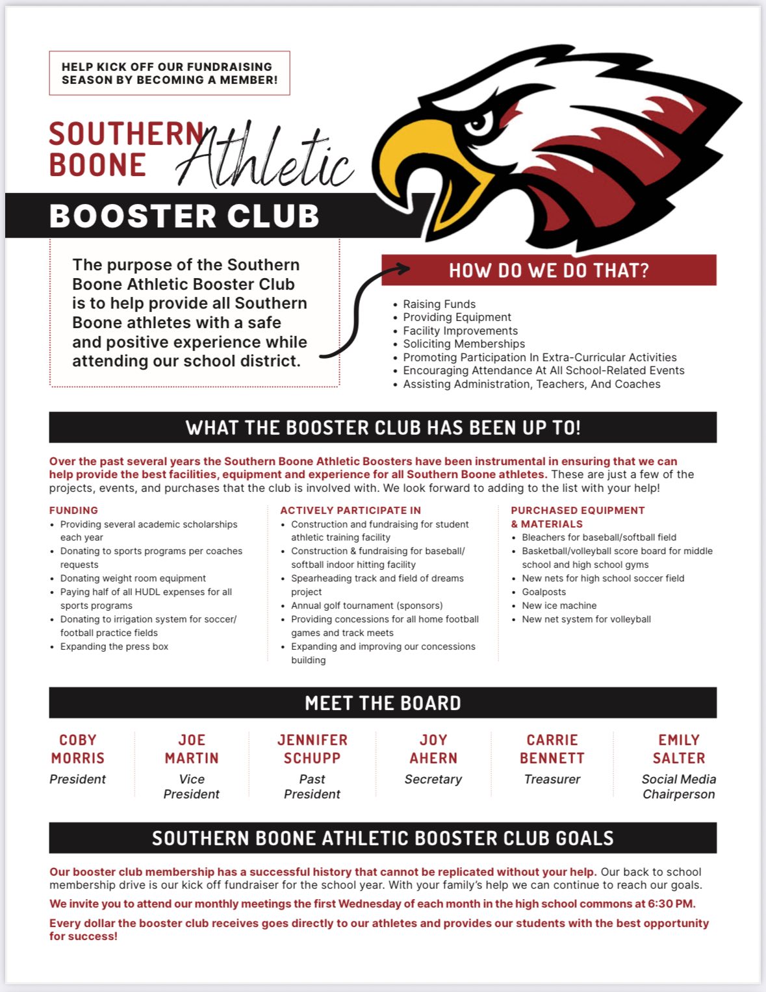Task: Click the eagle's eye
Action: click(479, 122)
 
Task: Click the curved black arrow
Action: click(364, 312)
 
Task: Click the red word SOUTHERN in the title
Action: click(127, 134)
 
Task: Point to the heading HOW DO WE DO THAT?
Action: click(548, 270)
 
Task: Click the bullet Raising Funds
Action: click(439, 304)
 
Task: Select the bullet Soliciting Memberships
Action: click(464, 344)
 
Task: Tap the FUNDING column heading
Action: click(73, 511)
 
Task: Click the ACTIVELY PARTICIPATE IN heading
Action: click(350, 511)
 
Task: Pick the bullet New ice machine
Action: click(559, 605)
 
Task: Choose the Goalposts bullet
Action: click(544, 592)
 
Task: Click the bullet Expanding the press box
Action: click(114, 646)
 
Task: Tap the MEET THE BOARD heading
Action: click(383, 703)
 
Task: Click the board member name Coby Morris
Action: click(77, 749)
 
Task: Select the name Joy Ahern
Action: click(433, 749)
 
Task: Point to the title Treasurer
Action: click(552, 779)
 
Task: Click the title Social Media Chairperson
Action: click(678, 786)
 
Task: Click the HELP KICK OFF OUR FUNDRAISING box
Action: click(170, 73)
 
